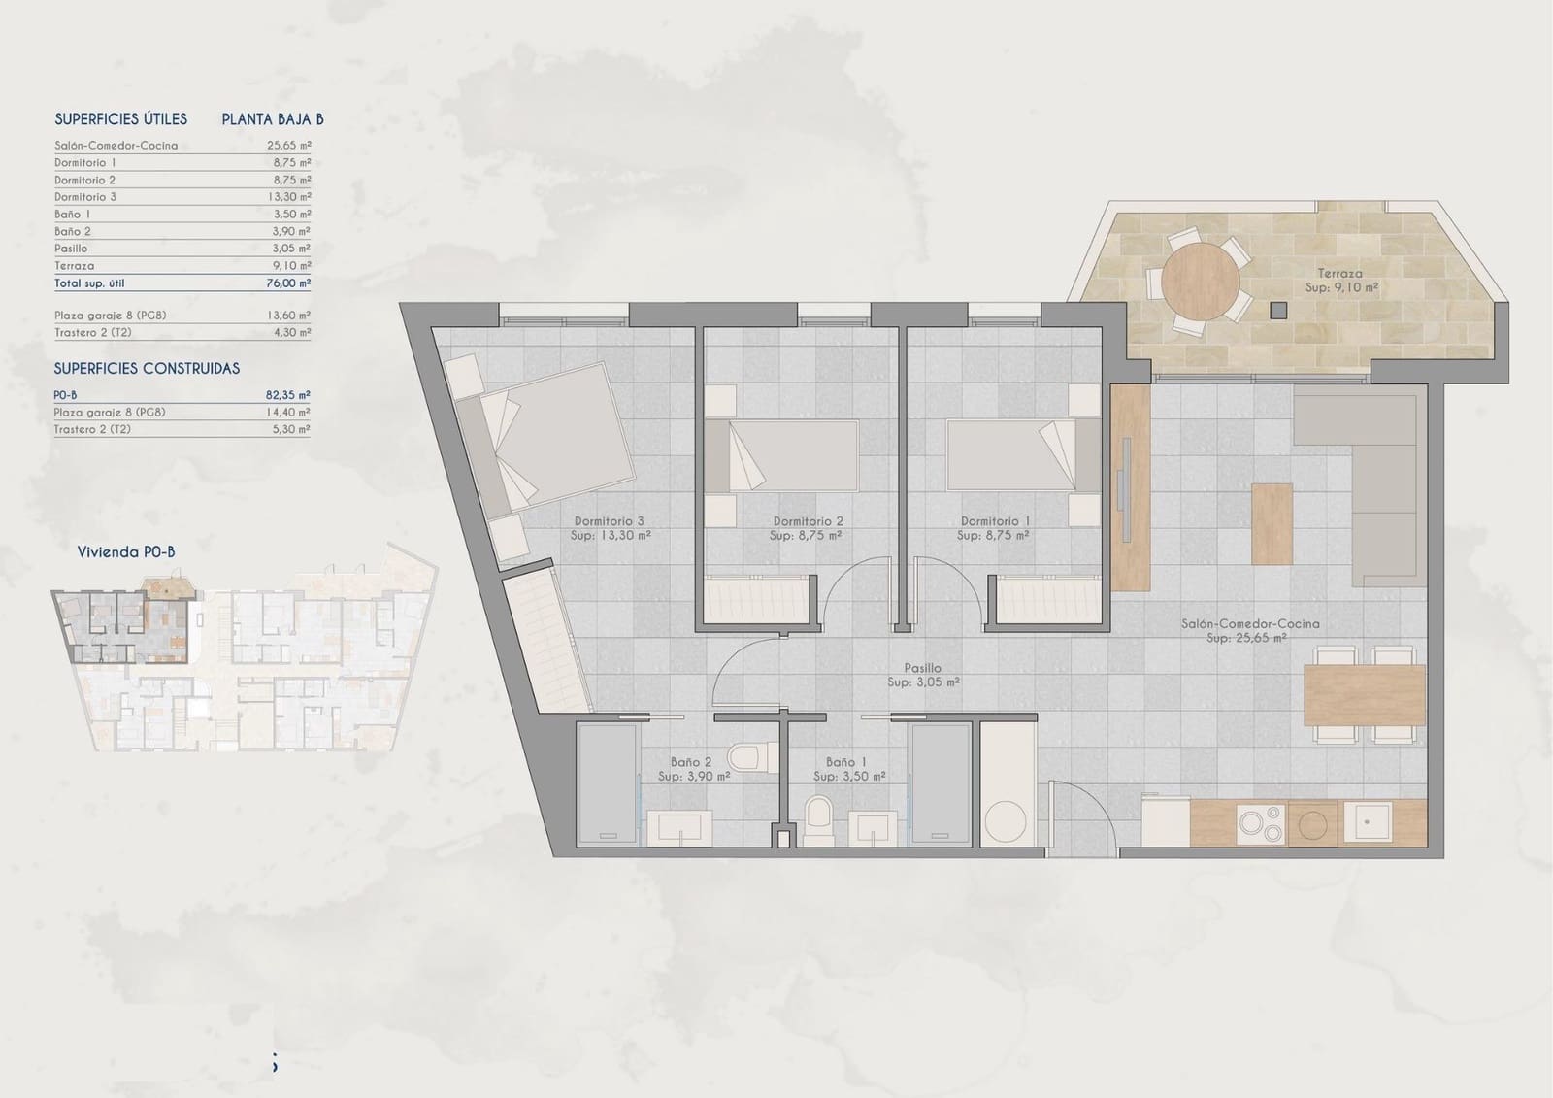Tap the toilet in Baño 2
tap(749, 755)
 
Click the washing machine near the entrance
tap(1006, 822)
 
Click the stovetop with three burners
tap(1261, 824)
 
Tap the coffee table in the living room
tap(1272, 523)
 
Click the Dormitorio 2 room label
tap(808, 522)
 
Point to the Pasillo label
tap(922, 668)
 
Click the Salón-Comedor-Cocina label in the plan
tap(1250, 624)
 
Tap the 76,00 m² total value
tap(291, 283)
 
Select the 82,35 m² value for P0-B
tap(288, 395)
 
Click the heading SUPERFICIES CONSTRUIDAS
tap(147, 369)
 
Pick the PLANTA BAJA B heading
tap(273, 119)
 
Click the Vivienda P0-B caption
tap(126, 552)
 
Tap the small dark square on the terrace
tap(1278, 311)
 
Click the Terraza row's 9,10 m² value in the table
tap(291, 266)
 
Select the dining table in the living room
tap(1364, 695)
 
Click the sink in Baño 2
tap(678, 828)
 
